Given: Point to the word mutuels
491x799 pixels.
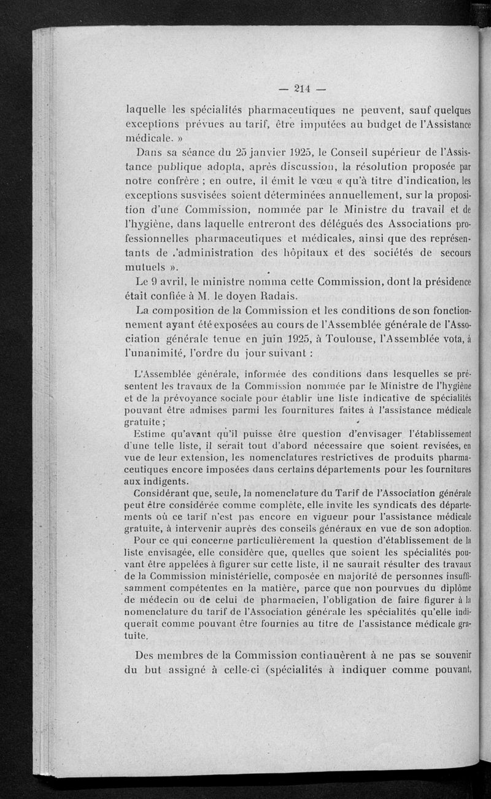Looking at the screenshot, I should coord(147,268).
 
